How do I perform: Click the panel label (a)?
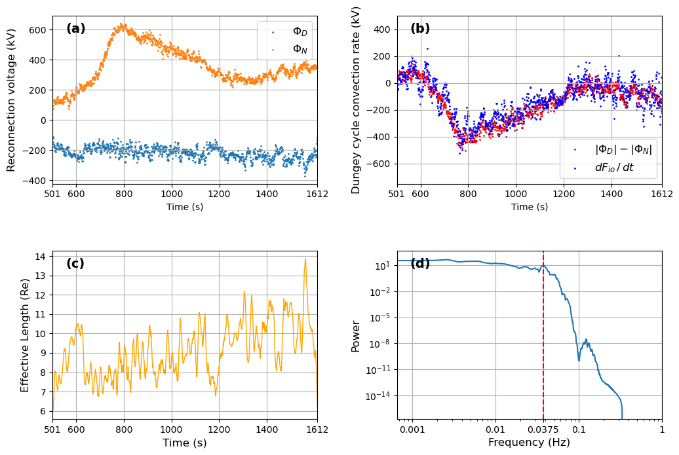pyautogui.click(x=76, y=29)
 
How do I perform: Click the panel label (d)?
pyautogui.click(x=420, y=264)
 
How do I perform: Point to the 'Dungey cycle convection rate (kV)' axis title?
pyautogui.click(x=356, y=100)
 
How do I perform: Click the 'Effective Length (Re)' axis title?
pyautogui.click(x=25, y=335)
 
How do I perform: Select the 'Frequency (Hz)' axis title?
pyautogui.click(x=529, y=443)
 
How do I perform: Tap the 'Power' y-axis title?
pyautogui.click(x=356, y=336)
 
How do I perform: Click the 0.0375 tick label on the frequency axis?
pyautogui.click(x=543, y=430)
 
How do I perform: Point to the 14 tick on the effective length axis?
pyautogui.click(x=42, y=257)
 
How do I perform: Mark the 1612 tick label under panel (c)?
pyautogui.click(x=317, y=430)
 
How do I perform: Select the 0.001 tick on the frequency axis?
pyautogui.click(x=412, y=430)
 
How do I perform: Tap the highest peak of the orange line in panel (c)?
pyautogui.click(x=305, y=259)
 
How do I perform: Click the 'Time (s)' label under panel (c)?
pyautogui.click(x=184, y=443)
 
